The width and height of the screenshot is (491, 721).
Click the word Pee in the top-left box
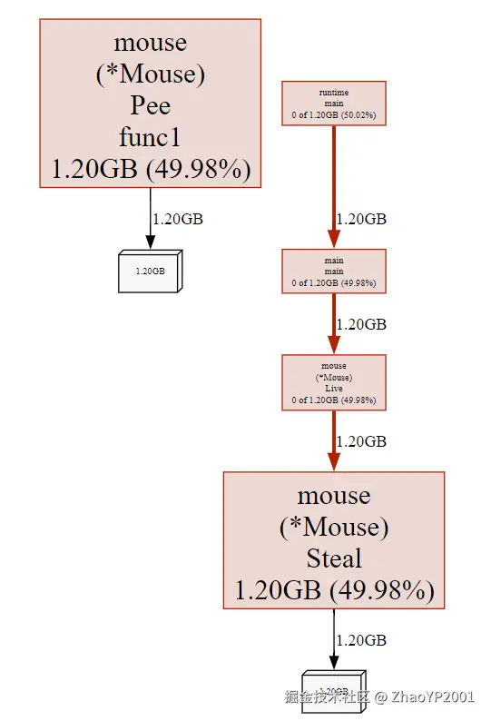coord(150,105)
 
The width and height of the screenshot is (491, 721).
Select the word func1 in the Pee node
coord(150,137)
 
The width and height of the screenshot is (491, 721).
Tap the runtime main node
coord(334,104)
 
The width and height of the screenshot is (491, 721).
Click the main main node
coord(334,272)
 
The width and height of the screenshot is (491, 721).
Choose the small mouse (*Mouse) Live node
coord(334,382)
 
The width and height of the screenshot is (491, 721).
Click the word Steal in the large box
coord(334,558)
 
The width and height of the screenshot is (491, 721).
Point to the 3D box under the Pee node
coord(150,272)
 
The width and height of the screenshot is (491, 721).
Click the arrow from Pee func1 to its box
coord(151,218)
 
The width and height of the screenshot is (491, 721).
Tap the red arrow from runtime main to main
coord(334,186)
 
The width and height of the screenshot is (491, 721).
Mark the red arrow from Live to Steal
coord(334,440)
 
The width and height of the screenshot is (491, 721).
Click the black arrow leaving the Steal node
coord(334,639)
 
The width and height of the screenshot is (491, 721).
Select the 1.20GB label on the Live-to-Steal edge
coord(361,441)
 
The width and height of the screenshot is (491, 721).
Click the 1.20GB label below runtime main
coord(361,219)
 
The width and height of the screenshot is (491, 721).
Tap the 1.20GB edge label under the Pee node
coord(177,219)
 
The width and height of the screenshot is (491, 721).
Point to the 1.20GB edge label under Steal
coord(361,640)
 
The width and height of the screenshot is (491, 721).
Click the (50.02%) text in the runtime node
coord(358,116)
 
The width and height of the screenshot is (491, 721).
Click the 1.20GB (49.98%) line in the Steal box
coord(334,589)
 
